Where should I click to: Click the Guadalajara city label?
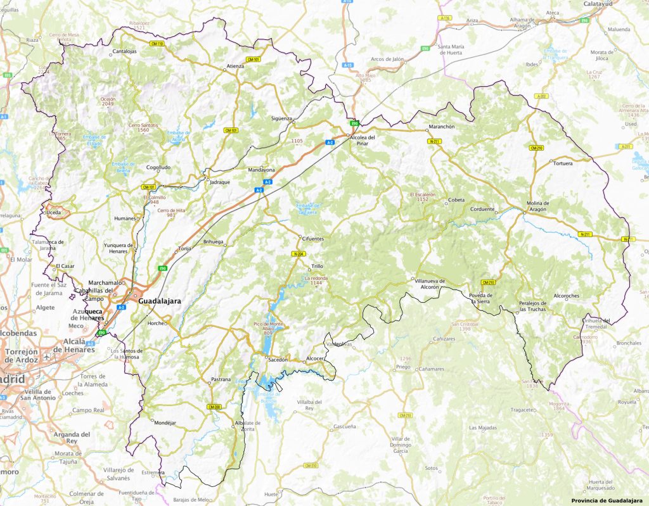[159, 302]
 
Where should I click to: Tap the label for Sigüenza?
[281, 118]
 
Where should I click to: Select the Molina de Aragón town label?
[538, 206]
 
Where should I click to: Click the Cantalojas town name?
[124, 51]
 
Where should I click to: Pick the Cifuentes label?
[312, 239]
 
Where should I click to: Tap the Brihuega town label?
[214, 242]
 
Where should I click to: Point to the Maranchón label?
[442, 127]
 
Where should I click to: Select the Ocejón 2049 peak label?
[108, 102]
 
